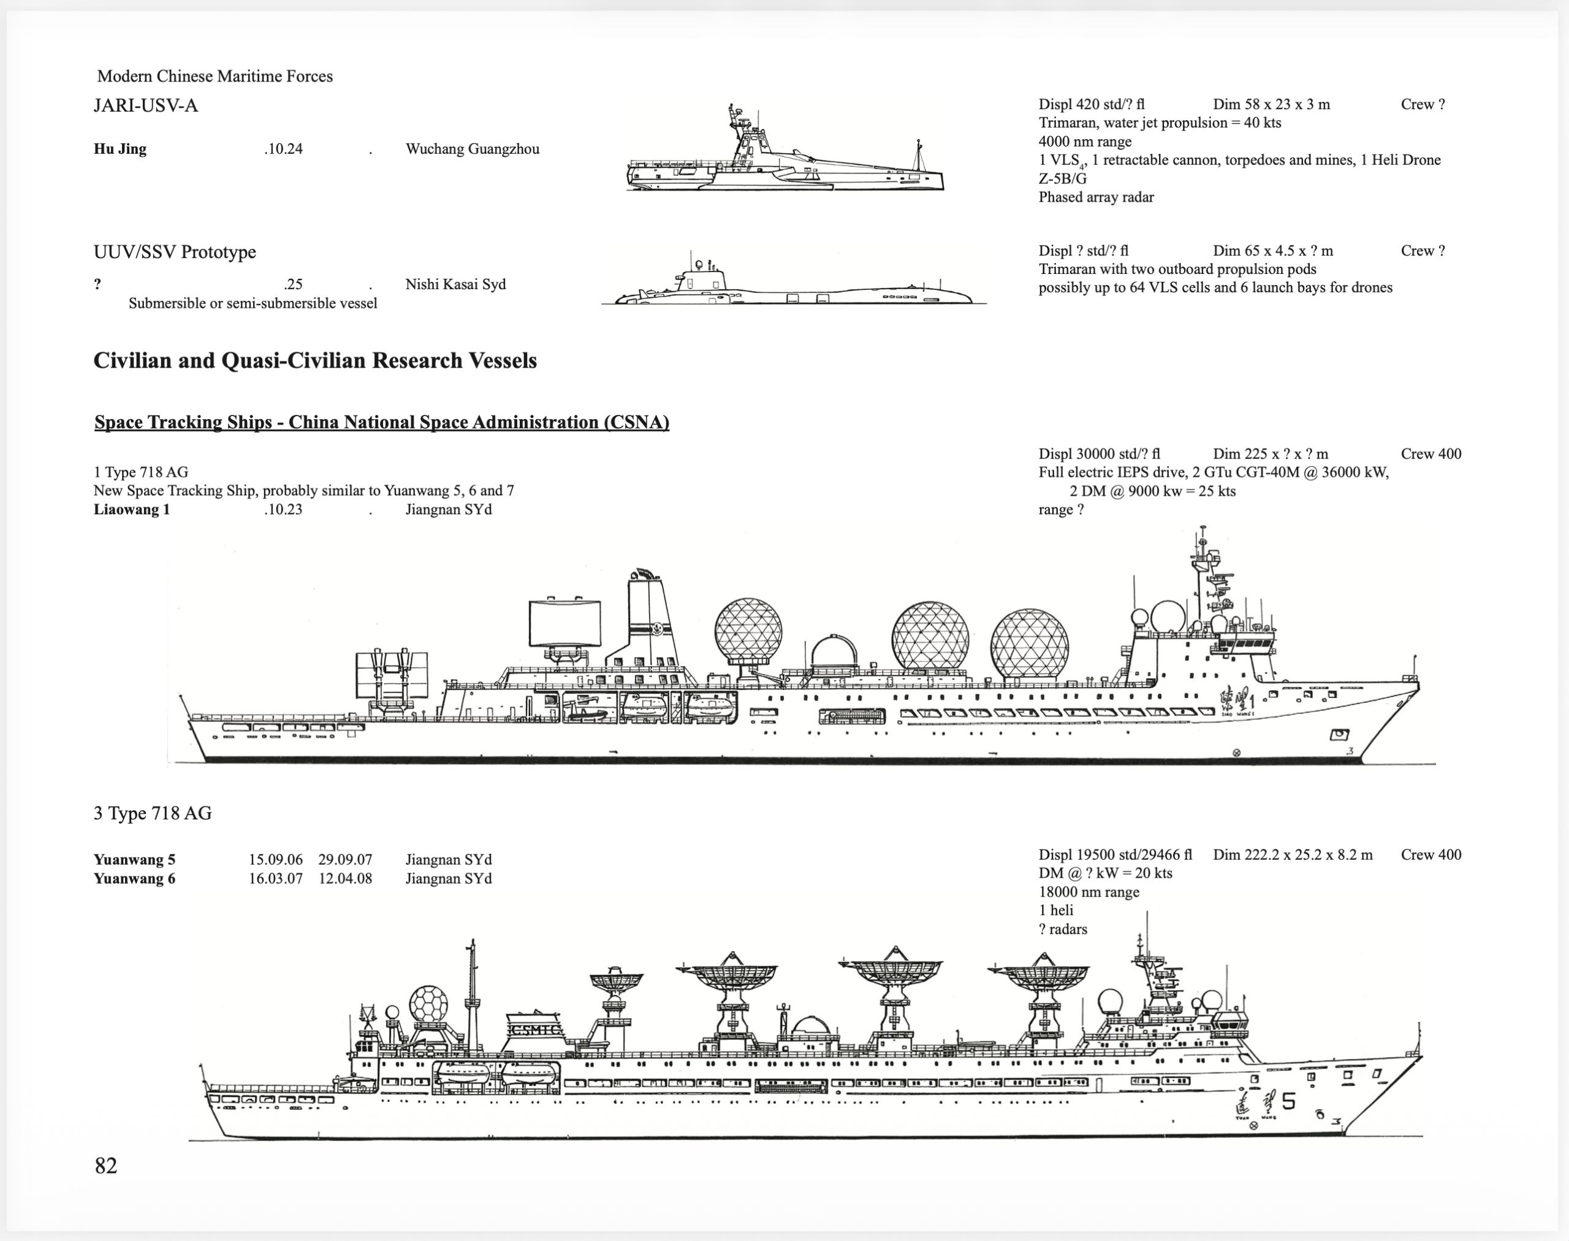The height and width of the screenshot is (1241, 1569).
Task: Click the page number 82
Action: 105,1165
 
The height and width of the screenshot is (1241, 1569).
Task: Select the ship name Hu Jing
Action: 120,149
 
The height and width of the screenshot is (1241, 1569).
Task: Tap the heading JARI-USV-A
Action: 145,106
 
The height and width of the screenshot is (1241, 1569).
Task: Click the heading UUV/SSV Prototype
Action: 175,252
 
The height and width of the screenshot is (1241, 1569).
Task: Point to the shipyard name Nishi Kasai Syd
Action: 455,284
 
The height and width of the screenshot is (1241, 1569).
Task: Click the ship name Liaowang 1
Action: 132,509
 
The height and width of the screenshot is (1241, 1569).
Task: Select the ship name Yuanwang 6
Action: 134,878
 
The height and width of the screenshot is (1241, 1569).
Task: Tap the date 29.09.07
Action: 345,860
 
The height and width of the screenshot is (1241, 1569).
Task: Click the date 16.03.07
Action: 275,878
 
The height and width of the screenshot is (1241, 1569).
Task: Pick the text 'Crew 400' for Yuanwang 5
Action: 1430,854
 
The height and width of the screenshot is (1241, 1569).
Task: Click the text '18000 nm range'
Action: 1088,892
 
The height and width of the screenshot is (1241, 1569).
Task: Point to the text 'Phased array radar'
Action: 1096,197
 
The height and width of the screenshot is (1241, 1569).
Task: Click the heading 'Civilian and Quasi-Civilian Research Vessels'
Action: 314,361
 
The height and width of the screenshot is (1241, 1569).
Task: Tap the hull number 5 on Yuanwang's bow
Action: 1288,1101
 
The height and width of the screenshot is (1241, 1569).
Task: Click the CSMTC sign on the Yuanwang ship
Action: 536,1030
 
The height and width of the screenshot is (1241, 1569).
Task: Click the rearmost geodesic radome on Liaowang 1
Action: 748,631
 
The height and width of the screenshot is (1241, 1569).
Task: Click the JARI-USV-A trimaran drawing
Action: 785,156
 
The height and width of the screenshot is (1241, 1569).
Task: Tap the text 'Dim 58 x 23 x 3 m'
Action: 1271,105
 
